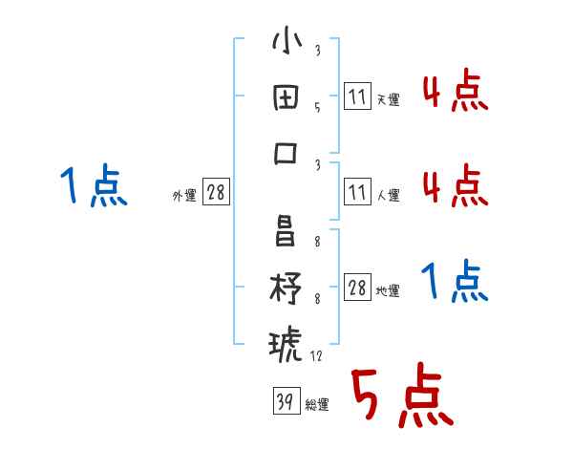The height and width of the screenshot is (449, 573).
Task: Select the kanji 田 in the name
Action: pyautogui.click(x=286, y=98)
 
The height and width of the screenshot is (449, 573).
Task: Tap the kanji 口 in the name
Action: pyautogui.click(x=286, y=153)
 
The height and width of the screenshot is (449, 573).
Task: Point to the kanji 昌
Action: pyautogui.click(x=286, y=232)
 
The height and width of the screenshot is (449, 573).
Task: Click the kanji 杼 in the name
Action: pyautogui.click(x=286, y=288)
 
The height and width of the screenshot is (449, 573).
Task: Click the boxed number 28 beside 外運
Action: pyautogui.click(x=216, y=193)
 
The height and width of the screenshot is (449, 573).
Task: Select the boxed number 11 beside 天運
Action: pyautogui.click(x=357, y=96)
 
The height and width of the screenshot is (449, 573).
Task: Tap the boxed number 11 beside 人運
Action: pyautogui.click(x=357, y=193)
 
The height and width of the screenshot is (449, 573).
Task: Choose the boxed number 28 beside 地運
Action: pyautogui.click(x=357, y=288)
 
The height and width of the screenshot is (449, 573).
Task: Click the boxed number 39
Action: pyautogui.click(x=286, y=402)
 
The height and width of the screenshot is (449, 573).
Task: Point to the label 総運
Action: pyautogui.click(x=317, y=405)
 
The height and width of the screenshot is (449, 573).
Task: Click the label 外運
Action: pyautogui.click(x=184, y=195)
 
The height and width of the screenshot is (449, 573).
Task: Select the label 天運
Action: pyautogui.click(x=388, y=99)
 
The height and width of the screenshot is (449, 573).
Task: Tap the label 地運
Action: pyautogui.click(x=388, y=290)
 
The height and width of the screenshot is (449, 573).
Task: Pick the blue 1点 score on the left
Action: pyautogui.click(x=94, y=186)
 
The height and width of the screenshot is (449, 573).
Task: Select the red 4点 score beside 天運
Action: pyautogui.click(x=455, y=93)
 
